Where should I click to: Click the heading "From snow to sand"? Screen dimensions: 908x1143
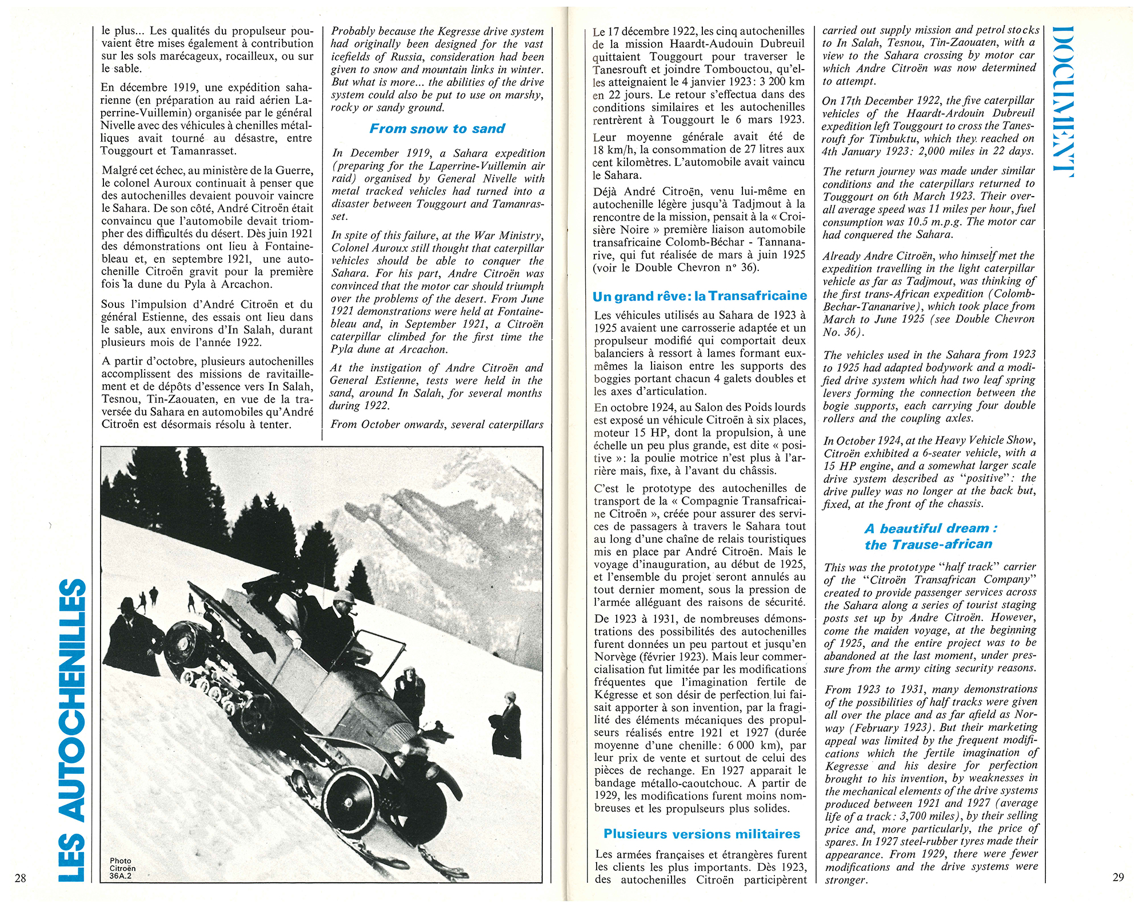pos(437,129)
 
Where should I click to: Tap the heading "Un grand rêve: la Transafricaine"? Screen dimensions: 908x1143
pos(700,296)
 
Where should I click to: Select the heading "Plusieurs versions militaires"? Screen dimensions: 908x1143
pos(701,834)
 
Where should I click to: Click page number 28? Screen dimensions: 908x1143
pos(21,878)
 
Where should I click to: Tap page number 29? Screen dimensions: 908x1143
pos(1118,877)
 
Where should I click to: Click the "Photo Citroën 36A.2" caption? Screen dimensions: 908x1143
pos(121,867)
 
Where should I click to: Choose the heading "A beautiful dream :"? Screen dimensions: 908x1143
pos(930,528)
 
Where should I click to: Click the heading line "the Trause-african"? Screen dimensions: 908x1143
pos(928,544)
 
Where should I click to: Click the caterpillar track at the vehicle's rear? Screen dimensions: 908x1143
pos(211,674)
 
